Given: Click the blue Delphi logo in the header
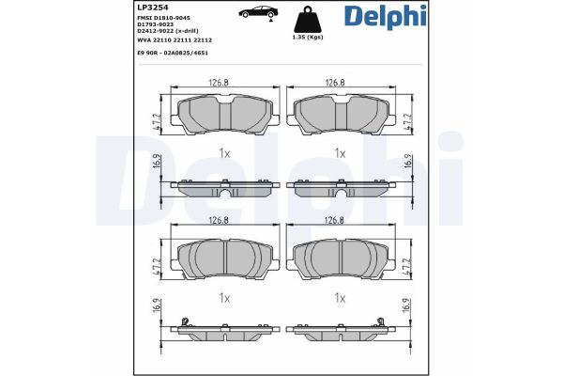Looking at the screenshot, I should point(386,17).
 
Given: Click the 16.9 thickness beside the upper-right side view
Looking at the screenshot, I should point(408,162).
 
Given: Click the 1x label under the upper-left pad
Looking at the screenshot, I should point(223,152).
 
